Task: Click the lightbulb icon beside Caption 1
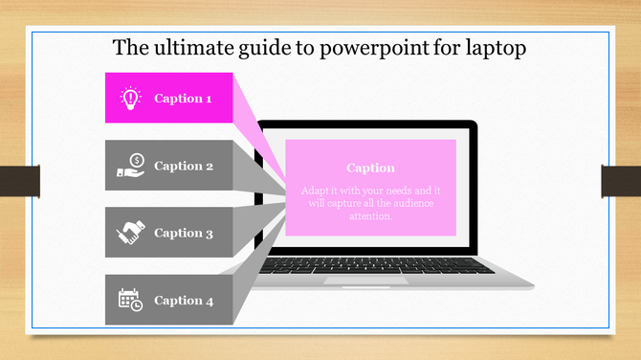coord(130,98)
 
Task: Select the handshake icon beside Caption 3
coord(130,233)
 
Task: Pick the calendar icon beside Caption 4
coord(130,300)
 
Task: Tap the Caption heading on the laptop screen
coord(370,169)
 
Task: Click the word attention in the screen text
coord(371,216)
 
